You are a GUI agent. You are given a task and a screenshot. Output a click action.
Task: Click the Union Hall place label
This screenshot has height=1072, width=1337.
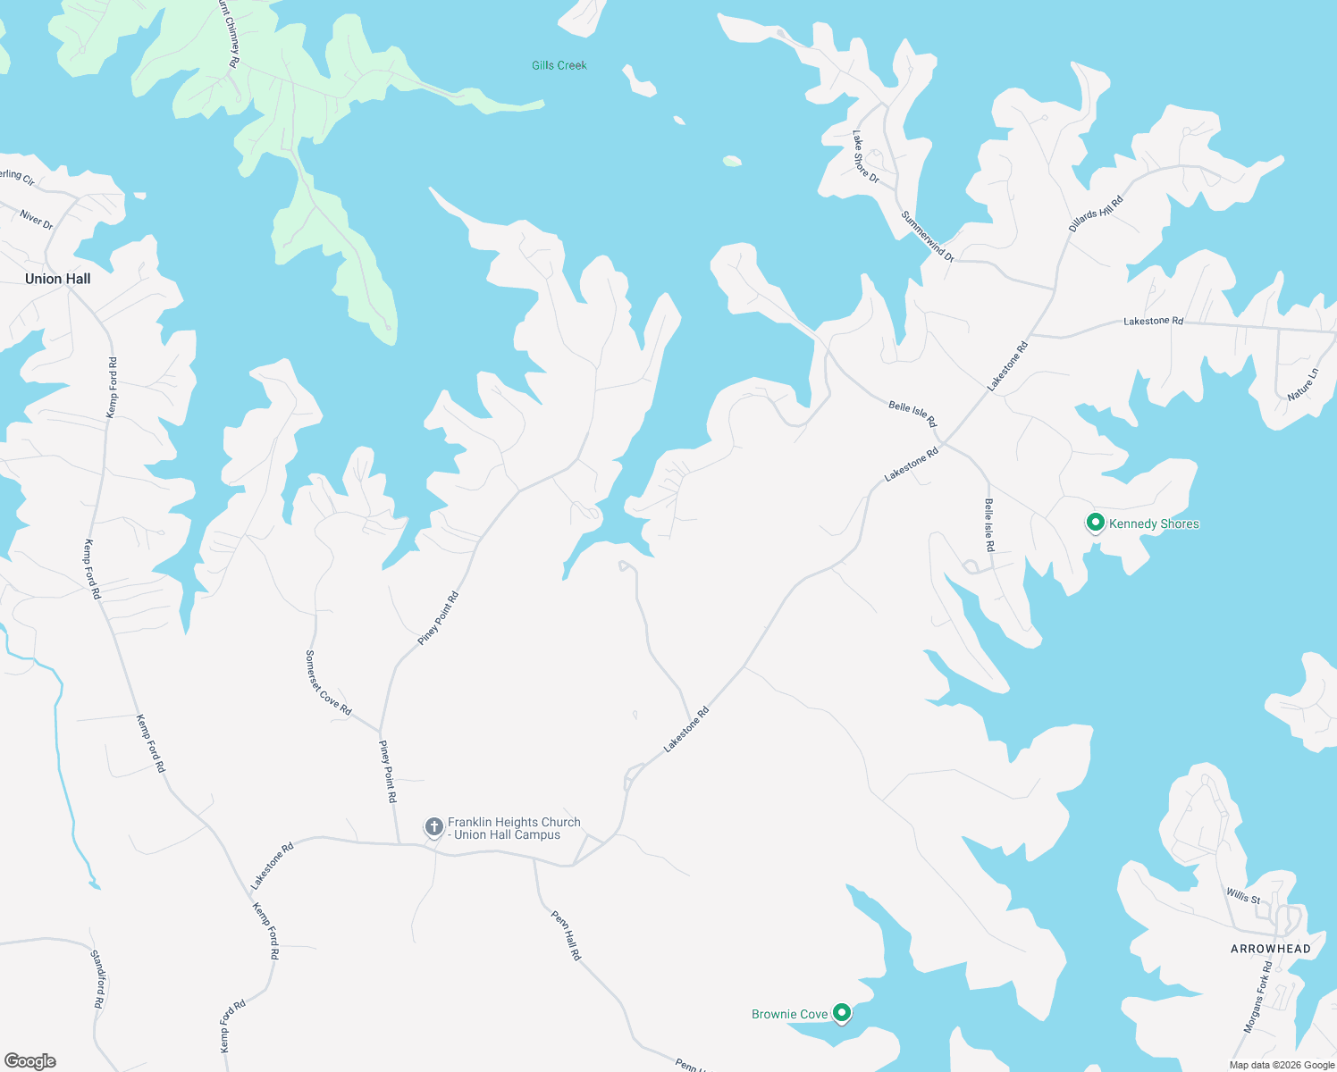(x=58, y=279)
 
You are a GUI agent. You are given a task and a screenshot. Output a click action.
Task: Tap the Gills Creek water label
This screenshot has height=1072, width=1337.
(x=559, y=65)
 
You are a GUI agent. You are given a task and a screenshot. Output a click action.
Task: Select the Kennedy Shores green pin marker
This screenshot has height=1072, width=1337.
(x=1095, y=523)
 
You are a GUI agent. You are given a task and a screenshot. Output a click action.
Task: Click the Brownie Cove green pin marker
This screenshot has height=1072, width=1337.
(x=841, y=1012)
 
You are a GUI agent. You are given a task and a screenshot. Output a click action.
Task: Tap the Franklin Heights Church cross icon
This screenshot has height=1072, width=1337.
(x=433, y=827)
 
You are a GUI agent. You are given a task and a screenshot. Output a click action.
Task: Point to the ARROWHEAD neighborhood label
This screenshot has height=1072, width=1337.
(x=1270, y=949)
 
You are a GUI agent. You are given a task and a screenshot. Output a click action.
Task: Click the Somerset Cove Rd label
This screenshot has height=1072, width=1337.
(x=328, y=683)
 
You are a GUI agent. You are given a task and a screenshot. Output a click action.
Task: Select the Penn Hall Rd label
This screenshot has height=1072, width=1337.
(x=566, y=935)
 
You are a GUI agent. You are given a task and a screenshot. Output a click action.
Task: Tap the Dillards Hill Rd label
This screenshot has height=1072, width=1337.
(x=1096, y=214)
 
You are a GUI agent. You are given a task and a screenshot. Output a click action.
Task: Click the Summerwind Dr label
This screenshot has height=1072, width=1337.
(x=928, y=236)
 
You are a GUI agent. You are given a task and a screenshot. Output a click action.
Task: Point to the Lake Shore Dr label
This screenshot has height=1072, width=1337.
(x=865, y=157)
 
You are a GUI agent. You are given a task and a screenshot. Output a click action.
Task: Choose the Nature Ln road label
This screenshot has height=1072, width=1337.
(x=1303, y=384)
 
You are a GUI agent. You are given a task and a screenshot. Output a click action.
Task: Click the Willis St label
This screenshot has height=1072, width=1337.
(x=1243, y=895)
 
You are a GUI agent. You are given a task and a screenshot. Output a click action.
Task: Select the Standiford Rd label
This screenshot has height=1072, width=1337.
(x=98, y=979)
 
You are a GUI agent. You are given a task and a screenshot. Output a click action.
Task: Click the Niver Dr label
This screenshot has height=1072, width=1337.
(x=37, y=220)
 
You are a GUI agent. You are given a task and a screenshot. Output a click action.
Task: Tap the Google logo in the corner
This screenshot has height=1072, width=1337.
(x=29, y=1061)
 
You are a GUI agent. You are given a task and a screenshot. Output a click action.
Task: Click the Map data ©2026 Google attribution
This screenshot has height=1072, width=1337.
(x=1282, y=1065)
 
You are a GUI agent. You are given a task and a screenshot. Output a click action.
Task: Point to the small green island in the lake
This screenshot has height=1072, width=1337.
(x=732, y=162)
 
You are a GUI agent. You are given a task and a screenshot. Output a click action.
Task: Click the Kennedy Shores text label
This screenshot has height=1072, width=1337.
(x=1154, y=523)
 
